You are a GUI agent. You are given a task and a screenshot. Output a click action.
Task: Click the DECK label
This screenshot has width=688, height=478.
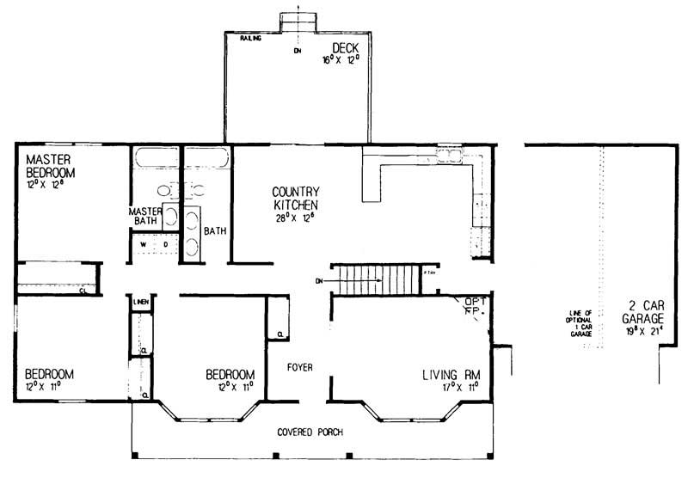(347, 47)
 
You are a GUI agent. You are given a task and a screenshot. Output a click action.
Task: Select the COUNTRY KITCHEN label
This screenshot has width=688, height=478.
(296, 199)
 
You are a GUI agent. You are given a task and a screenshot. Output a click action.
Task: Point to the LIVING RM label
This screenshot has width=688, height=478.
(450, 375)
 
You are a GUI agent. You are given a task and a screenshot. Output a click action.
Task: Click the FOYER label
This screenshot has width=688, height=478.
(299, 368)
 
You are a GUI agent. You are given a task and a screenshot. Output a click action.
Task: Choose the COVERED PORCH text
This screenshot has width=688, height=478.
(310, 432)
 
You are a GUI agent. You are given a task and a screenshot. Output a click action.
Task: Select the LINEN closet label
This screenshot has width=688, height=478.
(142, 303)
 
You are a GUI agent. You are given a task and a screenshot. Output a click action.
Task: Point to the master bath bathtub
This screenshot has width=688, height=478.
(156, 160)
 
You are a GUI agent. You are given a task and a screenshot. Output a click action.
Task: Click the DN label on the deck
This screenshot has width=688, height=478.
(298, 52)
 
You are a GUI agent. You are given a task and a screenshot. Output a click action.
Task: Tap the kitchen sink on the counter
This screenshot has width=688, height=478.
(450, 155)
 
